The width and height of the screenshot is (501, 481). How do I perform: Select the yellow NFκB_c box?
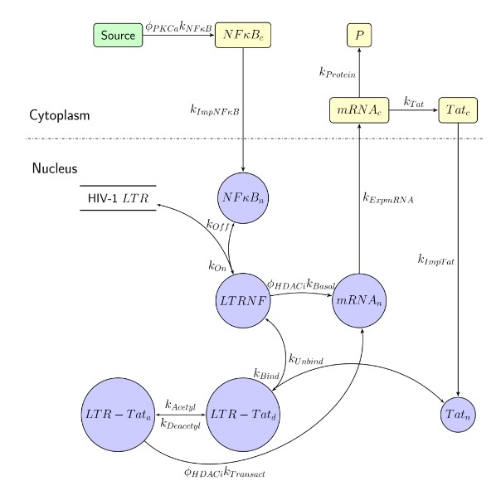[x=244, y=36]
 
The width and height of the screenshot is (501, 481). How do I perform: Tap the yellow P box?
[x=358, y=36]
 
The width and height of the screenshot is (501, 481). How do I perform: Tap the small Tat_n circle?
[x=457, y=412]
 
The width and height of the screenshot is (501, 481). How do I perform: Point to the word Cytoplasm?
[x=59, y=116]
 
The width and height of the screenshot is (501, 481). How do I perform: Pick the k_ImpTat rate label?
[x=435, y=259]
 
